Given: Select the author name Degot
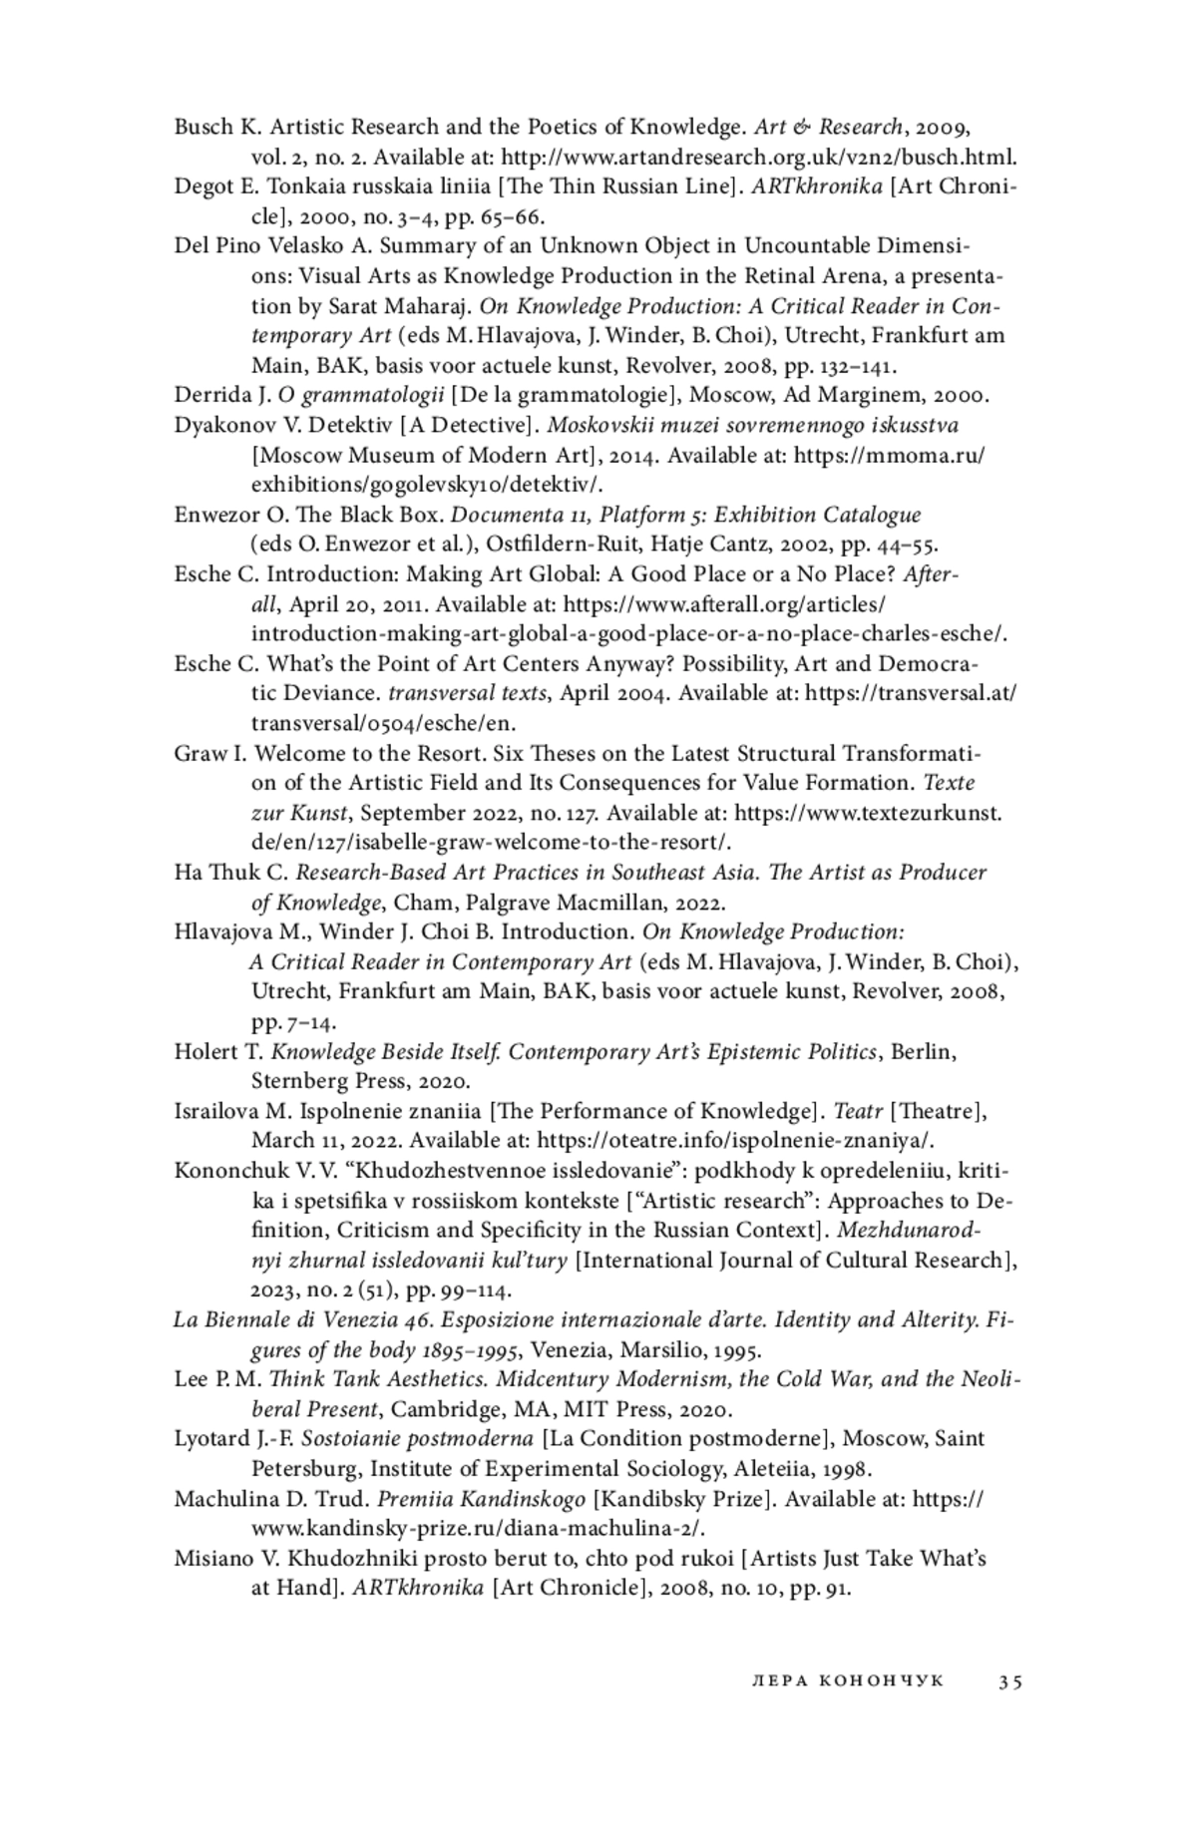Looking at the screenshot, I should [x=203, y=186].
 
